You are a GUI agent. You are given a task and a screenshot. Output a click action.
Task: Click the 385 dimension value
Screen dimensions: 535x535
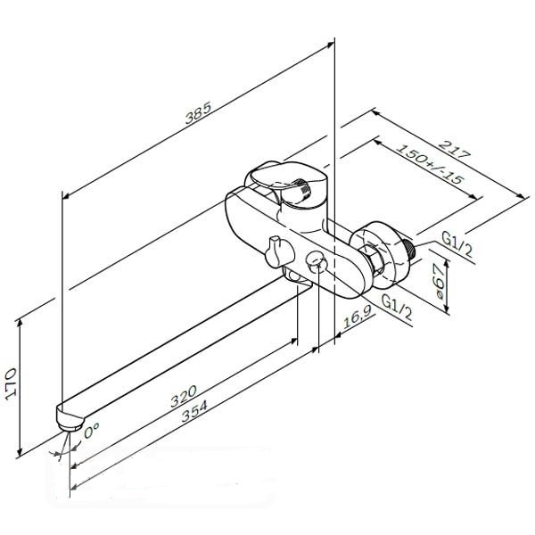(x=198, y=112)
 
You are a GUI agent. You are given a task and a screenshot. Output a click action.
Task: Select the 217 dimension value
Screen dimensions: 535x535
(x=454, y=149)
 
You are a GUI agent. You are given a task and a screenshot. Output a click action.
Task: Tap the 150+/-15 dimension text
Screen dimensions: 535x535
(x=430, y=164)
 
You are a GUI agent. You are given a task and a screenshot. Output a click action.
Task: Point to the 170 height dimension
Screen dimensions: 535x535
(x=12, y=383)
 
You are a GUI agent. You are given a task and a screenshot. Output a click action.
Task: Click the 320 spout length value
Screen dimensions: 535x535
(x=184, y=396)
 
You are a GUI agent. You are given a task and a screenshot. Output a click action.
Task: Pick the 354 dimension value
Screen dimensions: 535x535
(x=194, y=411)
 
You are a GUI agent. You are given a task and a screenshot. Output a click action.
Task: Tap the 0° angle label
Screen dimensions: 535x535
(x=92, y=431)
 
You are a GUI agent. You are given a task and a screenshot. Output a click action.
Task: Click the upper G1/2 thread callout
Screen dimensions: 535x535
(x=457, y=244)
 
